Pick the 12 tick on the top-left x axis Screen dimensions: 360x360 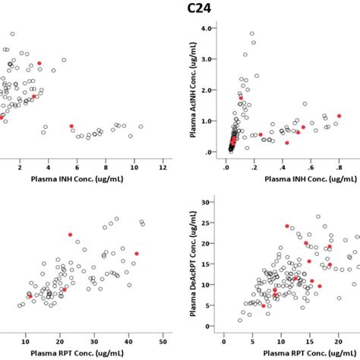(x=162, y=166)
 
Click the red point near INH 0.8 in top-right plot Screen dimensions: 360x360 (x=339, y=116)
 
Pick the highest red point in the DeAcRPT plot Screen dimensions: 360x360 (x=287, y=226)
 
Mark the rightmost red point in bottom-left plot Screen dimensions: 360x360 (x=137, y=254)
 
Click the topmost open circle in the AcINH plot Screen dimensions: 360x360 (x=252, y=33)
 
